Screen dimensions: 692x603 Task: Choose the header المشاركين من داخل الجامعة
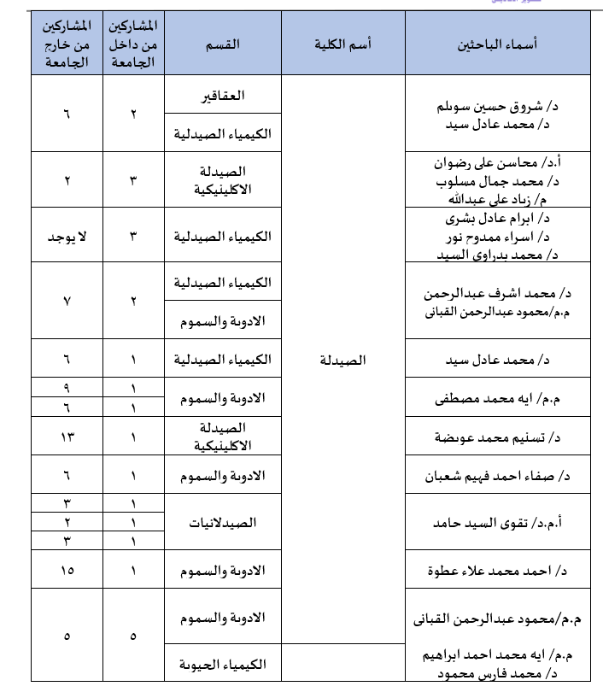tap(133, 44)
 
